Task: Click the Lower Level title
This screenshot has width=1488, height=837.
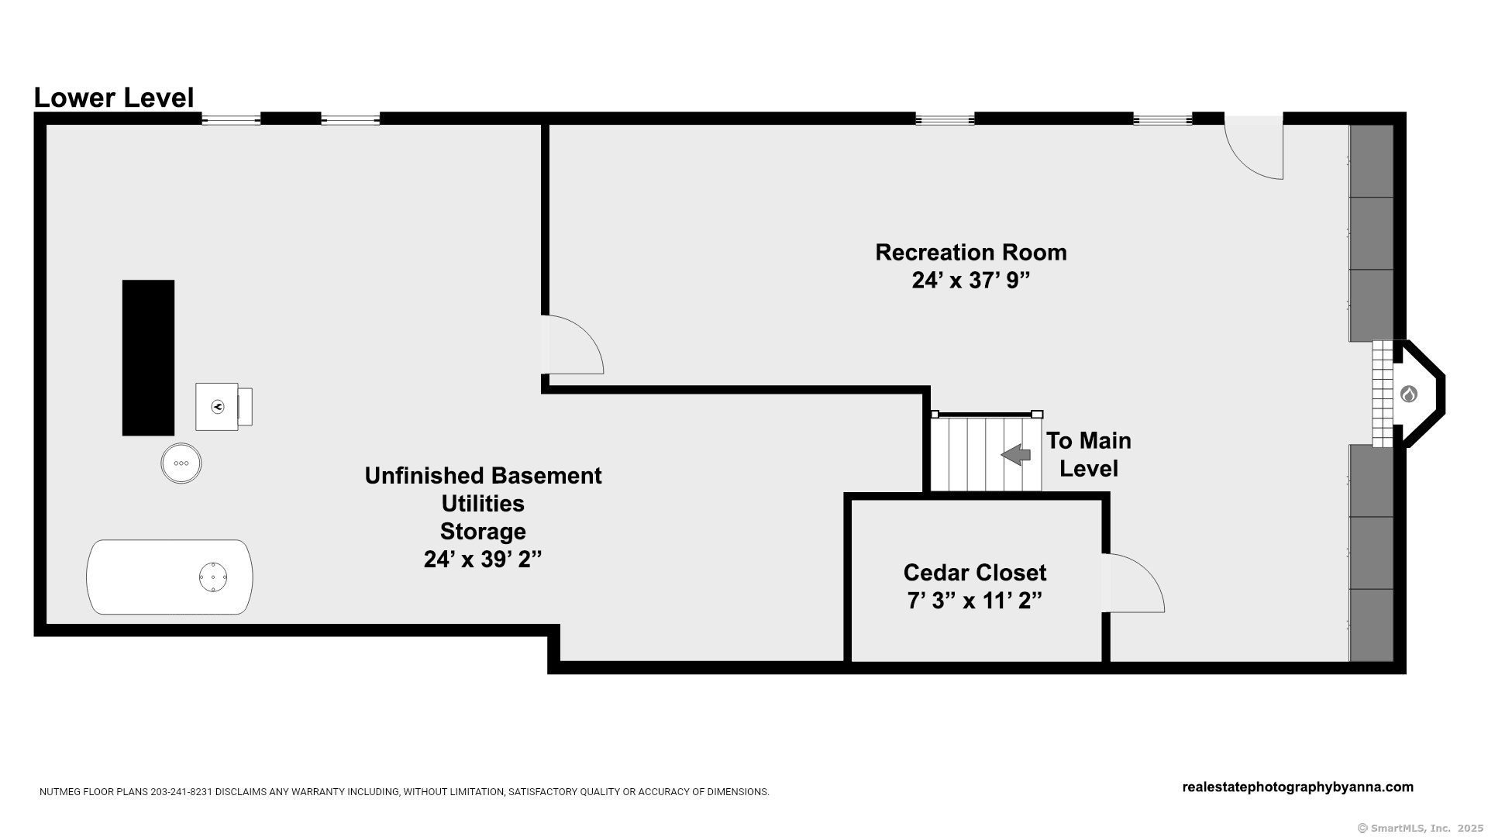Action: click(x=114, y=98)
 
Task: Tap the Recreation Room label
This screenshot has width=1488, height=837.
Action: click(x=970, y=253)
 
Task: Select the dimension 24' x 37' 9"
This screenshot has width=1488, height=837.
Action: click(x=970, y=281)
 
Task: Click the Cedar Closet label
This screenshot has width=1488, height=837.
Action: click(x=974, y=573)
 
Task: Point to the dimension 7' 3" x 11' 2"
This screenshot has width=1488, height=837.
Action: click(x=974, y=601)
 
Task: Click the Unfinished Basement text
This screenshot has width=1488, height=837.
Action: click(x=483, y=476)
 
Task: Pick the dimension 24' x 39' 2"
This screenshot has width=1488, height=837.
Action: click(x=482, y=560)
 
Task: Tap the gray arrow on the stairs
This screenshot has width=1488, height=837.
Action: click(x=1015, y=455)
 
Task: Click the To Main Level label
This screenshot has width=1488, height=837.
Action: click(x=1088, y=454)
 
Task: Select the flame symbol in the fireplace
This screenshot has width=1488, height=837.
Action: click(x=1408, y=394)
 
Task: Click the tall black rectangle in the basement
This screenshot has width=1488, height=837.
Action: click(x=148, y=357)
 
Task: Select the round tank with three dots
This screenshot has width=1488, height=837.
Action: click(x=181, y=463)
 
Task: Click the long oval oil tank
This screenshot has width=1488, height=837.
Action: click(x=169, y=577)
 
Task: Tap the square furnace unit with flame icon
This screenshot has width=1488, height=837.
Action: click(x=217, y=406)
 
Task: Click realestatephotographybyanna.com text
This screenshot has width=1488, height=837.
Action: click(x=1297, y=787)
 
